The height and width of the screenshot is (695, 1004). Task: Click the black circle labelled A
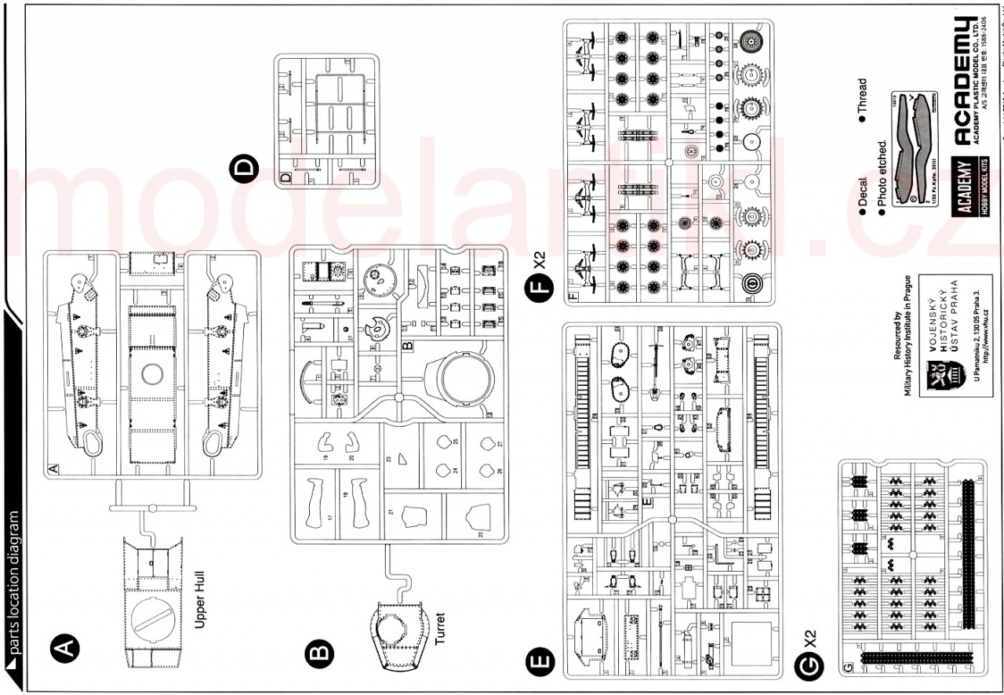click(64, 649)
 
